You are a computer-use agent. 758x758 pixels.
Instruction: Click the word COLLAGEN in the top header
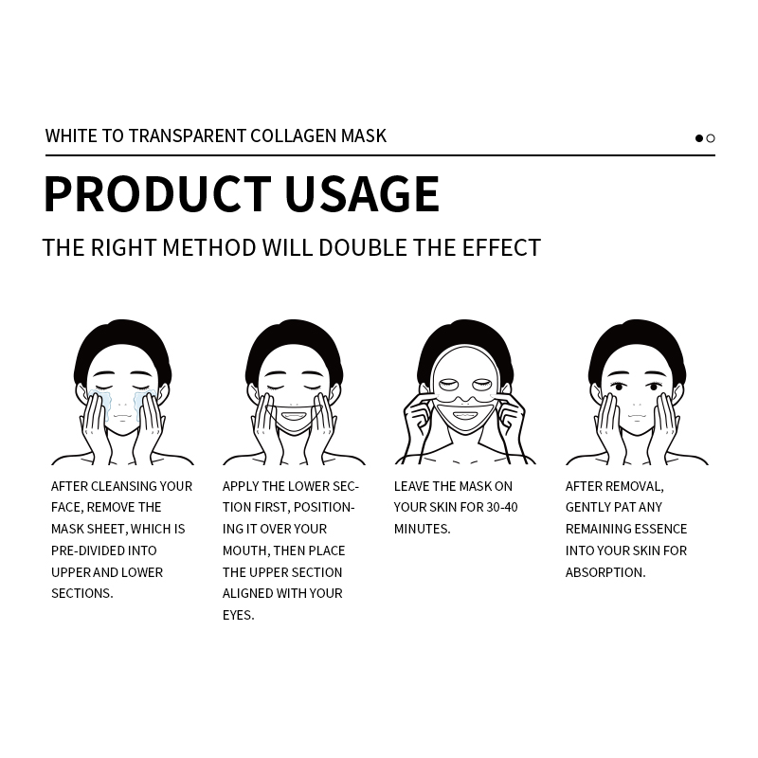coord(293,135)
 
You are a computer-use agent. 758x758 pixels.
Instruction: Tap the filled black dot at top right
coord(699,138)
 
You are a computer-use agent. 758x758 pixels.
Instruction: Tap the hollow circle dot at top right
coord(711,138)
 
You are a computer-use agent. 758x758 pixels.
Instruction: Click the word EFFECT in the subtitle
coord(500,248)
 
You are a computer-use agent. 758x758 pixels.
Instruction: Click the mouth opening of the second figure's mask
coord(294,416)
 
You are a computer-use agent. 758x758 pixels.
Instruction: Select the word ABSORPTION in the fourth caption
coord(605,572)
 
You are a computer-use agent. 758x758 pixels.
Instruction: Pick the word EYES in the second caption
coord(238,615)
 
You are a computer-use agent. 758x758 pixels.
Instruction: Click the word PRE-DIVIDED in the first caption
coord(90,550)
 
